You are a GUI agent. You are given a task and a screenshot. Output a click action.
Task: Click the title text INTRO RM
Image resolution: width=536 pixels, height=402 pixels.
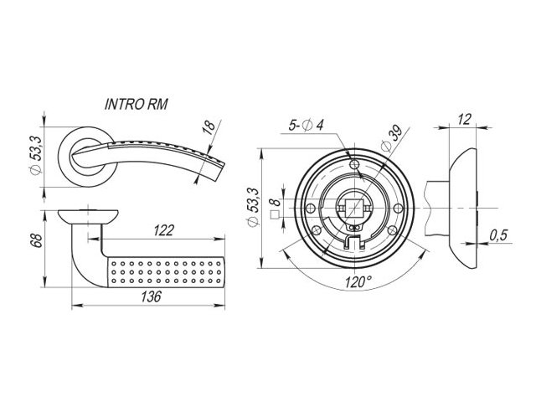[x=137, y=104]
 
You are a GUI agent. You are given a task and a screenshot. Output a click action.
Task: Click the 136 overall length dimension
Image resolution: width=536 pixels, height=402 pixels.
[x=151, y=296]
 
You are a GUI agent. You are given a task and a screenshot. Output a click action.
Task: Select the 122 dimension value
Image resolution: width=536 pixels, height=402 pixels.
[x=164, y=230]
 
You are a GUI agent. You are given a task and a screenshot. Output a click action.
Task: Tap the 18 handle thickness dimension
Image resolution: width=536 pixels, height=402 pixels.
[x=209, y=126]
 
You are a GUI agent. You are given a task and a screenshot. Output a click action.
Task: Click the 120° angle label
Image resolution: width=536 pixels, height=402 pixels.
[x=358, y=282]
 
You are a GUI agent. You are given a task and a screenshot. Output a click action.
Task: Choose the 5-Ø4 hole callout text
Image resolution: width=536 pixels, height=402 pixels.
[x=306, y=125]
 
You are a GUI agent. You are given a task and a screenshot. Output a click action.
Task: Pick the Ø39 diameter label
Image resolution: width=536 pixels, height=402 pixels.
[x=392, y=139]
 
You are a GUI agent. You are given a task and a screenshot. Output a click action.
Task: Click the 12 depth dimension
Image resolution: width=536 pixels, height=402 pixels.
[x=464, y=119]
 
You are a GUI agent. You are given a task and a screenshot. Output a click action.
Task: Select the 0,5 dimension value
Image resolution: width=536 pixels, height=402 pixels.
[x=499, y=235]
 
